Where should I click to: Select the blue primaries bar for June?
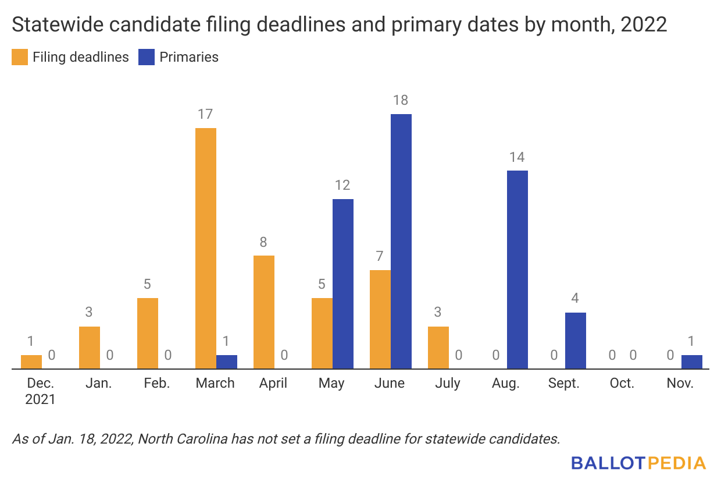click(x=401, y=242)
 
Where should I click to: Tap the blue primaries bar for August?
click(x=517, y=270)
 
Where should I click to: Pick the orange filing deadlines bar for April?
click(x=264, y=312)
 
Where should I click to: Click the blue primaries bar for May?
click(x=343, y=284)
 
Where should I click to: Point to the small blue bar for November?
click(x=692, y=362)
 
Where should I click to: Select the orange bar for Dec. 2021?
click(x=31, y=362)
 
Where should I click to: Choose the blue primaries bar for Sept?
click(x=576, y=341)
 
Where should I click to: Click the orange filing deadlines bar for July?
click(x=438, y=348)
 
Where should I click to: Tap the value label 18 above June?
click(x=401, y=100)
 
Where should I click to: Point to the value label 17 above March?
click(x=205, y=114)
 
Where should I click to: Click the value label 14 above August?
click(x=517, y=157)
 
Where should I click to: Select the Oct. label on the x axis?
click(x=622, y=383)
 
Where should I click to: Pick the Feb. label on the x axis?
click(x=156, y=383)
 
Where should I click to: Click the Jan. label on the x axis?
click(x=99, y=383)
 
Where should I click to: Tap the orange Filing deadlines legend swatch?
click(x=20, y=57)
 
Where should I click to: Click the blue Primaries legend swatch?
click(x=147, y=57)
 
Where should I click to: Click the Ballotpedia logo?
click(x=638, y=463)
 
